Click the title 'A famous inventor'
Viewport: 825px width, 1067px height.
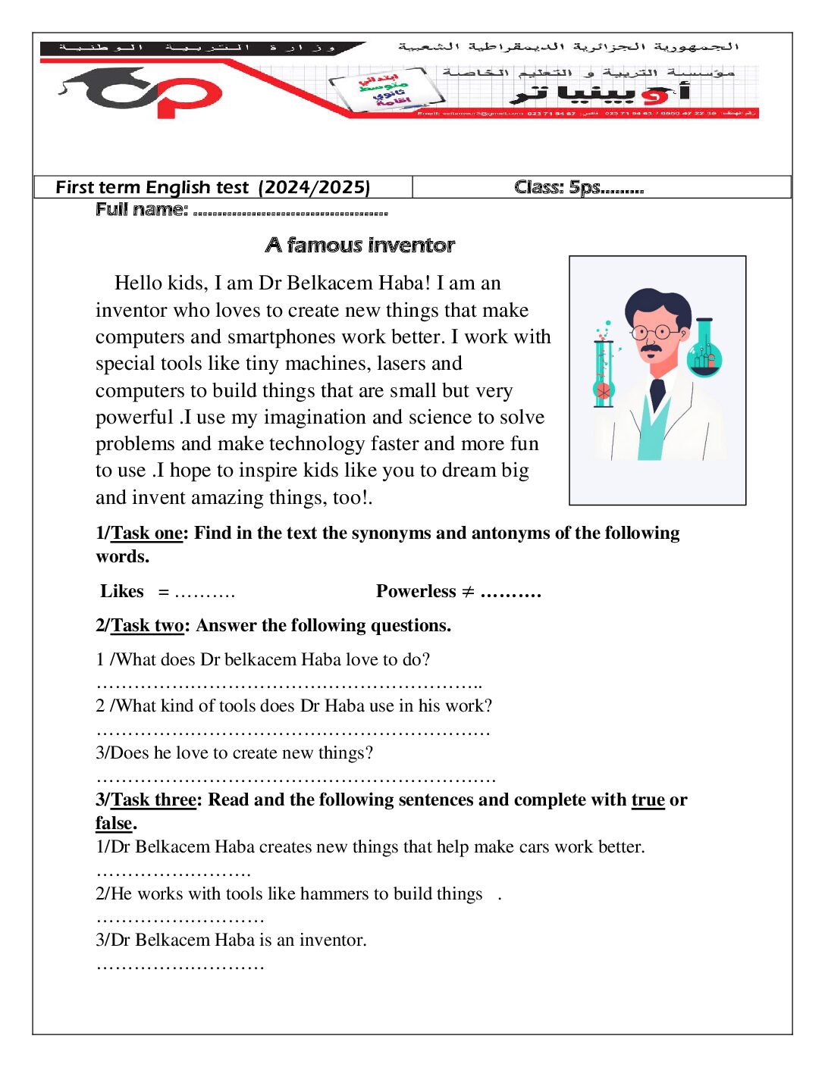coord(360,246)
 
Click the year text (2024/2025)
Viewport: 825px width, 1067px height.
coord(314,188)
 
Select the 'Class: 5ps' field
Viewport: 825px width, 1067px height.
coord(579,187)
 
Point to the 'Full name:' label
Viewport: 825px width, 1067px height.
coord(141,210)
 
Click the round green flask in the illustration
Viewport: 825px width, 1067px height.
coord(704,355)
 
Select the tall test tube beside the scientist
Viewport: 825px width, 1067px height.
coord(604,372)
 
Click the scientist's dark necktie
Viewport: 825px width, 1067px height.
coord(657,393)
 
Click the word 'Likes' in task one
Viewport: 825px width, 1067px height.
coord(121,592)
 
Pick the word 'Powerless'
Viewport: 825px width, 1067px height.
coord(416,592)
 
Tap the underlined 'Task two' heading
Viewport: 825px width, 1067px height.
coord(147,626)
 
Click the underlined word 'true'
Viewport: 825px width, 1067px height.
coord(648,800)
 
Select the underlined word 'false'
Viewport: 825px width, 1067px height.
coord(114,824)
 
